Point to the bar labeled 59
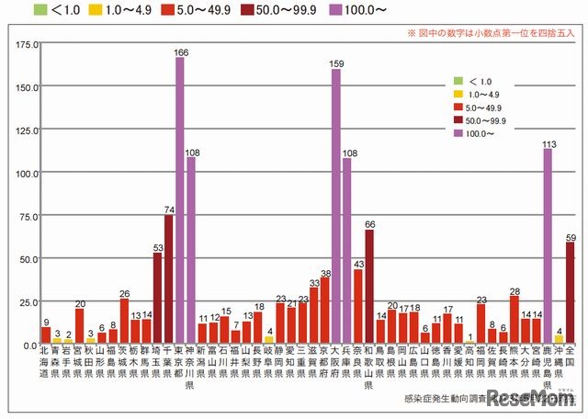pyautogui.click(x=570, y=293)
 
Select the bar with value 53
pyautogui.click(x=158, y=299)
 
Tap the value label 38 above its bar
pyautogui.click(x=324, y=274)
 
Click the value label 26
pyautogui.click(x=124, y=293)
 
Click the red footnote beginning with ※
pyautogui.click(x=492, y=32)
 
